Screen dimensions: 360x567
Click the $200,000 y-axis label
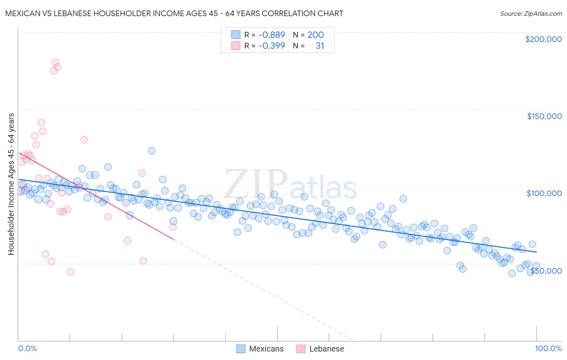543,39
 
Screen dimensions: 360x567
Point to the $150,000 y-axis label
544,116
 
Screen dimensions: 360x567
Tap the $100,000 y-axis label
544,193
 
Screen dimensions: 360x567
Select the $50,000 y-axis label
546,270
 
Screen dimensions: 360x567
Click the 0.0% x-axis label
28,348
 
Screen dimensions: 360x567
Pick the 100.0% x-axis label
548,348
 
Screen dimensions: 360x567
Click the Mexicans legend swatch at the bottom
241,349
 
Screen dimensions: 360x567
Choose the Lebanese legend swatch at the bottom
301,349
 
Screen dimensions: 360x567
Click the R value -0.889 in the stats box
271,35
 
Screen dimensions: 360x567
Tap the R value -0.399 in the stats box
271,46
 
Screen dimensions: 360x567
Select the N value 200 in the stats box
315,35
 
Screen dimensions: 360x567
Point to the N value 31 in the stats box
320,46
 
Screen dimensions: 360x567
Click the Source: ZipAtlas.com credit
531,14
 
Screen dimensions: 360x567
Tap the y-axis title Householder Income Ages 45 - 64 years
11,184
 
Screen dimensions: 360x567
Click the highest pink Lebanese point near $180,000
55,63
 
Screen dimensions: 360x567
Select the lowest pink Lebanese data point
71,272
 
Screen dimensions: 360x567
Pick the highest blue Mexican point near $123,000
152,151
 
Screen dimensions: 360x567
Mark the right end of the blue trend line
536,252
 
